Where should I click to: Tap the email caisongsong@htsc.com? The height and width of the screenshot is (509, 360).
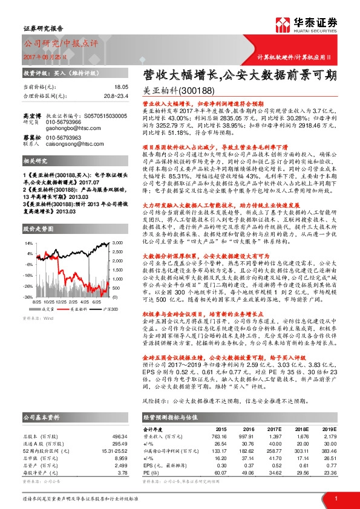point(66,144)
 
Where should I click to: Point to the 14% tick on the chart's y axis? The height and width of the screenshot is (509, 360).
point(27,242)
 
